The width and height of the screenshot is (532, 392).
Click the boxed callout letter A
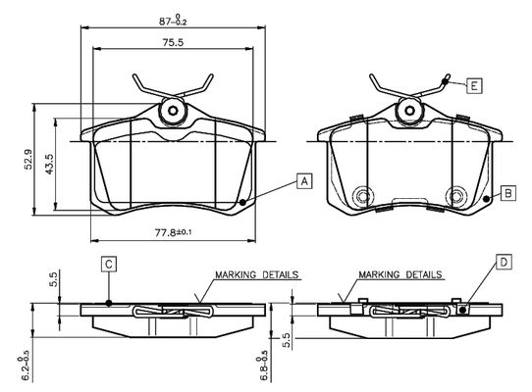(304, 181)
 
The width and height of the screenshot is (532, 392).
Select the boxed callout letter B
(507, 193)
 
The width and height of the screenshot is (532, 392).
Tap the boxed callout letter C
(109, 264)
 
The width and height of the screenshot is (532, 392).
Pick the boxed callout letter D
(505, 262)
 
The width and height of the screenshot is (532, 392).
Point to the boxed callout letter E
(474, 85)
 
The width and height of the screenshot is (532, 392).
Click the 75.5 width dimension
(173, 42)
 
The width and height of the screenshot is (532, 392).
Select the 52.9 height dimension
(27, 159)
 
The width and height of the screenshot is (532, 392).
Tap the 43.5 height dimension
(49, 165)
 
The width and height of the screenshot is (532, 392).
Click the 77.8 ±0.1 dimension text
(173, 232)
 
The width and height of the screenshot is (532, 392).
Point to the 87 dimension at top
(173, 21)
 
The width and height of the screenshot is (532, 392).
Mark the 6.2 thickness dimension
(25, 368)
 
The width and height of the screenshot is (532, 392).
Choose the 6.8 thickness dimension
(263, 368)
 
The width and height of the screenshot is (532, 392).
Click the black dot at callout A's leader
(242, 202)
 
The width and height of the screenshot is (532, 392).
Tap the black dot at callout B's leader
(486, 199)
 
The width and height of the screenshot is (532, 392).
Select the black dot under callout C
(109, 303)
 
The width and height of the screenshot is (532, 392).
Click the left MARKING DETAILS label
(257, 274)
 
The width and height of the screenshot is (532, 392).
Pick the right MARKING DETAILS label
(400, 274)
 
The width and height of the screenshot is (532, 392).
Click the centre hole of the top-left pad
(173, 111)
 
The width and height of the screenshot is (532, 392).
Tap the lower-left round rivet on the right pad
(362, 196)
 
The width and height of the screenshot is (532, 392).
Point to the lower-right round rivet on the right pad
(456, 196)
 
